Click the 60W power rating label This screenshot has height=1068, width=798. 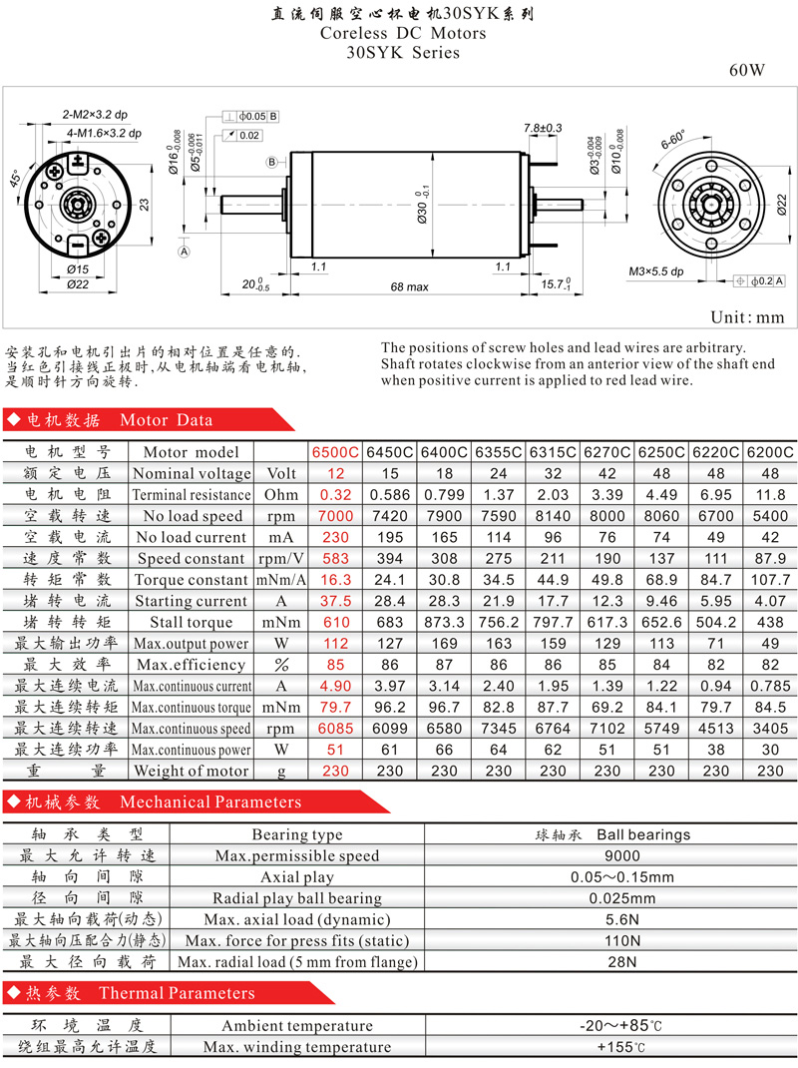coord(746,71)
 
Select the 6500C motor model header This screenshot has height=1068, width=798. coord(334,452)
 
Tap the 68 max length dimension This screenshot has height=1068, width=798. coord(409,286)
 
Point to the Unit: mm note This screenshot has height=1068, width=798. coord(747,317)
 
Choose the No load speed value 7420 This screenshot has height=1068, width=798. coord(388,516)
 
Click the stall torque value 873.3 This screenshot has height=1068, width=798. coord(444,622)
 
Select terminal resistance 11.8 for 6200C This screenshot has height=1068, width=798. coord(770,495)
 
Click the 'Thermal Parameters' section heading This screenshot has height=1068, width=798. coord(177,992)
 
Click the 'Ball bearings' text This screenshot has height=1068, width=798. coord(643,834)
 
